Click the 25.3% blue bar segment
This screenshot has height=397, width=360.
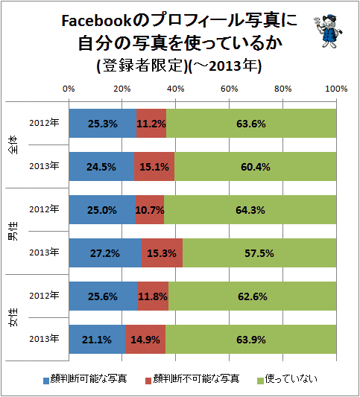tap(103, 124)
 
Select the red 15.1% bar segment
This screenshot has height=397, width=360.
tap(154, 167)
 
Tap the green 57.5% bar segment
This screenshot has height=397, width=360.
tap(259, 253)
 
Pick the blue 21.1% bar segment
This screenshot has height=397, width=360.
tap(97, 339)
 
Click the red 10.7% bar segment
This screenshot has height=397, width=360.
tap(150, 209)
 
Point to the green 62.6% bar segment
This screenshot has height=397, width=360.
tap(253, 296)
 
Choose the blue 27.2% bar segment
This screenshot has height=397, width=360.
tap(105, 253)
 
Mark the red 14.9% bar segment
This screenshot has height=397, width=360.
tap(145, 339)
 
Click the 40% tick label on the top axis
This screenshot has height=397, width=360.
tap(176, 89)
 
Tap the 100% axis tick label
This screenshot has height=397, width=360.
tap(336, 89)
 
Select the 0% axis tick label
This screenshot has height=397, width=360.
tap(69, 89)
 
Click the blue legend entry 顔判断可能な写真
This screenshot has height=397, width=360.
tap(85, 379)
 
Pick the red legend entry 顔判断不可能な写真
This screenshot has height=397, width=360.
tap(192, 379)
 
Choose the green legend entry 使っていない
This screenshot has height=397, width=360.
tap(287, 379)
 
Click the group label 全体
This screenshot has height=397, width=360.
tap(13, 144)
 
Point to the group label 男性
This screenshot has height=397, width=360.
tap(13, 231)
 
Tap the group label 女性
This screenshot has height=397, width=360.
tap(13, 317)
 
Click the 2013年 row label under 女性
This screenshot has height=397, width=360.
tap(44, 338)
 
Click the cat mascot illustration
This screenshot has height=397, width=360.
tap(327, 31)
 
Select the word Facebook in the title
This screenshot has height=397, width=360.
tap(96, 21)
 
